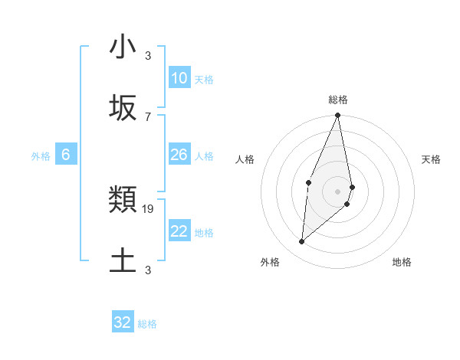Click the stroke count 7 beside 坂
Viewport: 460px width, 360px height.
pyautogui.click(x=148, y=116)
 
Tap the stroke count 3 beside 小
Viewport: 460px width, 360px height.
pyautogui.click(x=148, y=55)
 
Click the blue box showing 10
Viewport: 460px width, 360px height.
pyautogui.click(x=179, y=78)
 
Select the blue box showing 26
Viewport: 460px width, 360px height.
pyautogui.click(x=179, y=155)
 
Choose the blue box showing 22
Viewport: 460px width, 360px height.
pyautogui.click(x=179, y=231)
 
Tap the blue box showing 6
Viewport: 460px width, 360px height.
pyautogui.click(x=66, y=155)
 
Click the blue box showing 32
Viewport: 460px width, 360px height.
pyautogui.click(x=123, y=322)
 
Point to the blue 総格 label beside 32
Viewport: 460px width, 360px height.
pyautogui.click(x=147, y=324)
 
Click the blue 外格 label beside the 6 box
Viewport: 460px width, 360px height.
pyautogui.click(x=41, y=156)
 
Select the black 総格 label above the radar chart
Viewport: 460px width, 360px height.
pyautogui.click(x=338, y=100)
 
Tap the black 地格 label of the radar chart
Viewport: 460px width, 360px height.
pyautogui.click(x=402, y=262)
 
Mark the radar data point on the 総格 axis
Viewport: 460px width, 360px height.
pyautogui.click(x=337, y=116)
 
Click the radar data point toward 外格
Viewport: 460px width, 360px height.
pyautogui.click(x=302, y=241)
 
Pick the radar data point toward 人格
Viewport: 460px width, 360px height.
pyautogui.click(x=308, y=182)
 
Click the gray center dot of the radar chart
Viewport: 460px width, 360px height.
pyautogui.click(x=337, y=191)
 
